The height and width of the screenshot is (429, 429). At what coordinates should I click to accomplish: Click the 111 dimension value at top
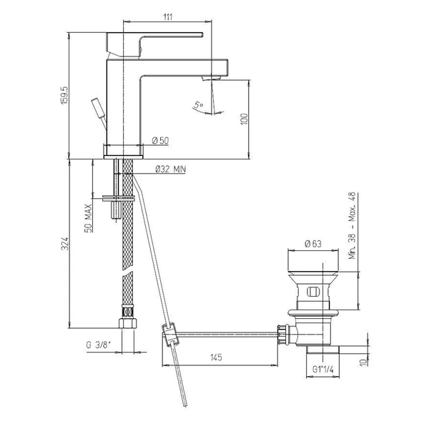(168, 17)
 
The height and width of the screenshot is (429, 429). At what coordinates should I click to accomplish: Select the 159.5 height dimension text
(64, 95)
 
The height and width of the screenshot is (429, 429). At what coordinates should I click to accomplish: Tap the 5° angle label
(199, 104)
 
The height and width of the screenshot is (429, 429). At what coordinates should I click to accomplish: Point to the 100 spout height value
(245, 119)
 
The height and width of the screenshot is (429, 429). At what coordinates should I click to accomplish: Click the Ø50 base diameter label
(160, 141)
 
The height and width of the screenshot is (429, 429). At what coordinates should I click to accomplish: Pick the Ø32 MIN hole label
(170, 169)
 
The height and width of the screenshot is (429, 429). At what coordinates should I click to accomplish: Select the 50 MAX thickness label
(88, 218)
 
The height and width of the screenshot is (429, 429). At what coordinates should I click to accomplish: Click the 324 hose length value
(64, 244)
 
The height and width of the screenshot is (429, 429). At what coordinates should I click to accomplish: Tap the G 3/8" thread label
(99, 345)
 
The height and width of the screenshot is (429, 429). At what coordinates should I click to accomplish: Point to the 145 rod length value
(216, 357)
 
